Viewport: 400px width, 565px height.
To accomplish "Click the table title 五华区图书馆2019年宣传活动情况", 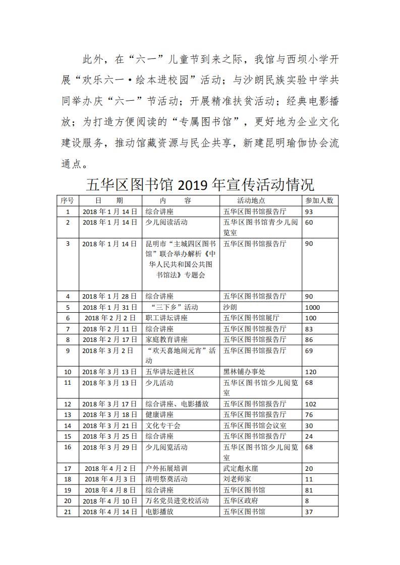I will pyautogui.click(x=200, y=184).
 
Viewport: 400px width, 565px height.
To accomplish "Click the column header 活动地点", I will pyautogui.click(x=244, y=200).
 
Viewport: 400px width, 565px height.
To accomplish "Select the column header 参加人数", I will pyautogui.click(x=319, y=200).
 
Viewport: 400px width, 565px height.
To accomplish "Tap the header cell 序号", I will pyautogui.click(x=67, y=200).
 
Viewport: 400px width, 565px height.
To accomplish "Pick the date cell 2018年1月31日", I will pyautogui.click(x=109, y=307).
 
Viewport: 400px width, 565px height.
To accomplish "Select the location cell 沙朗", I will pyautogui.click(x=230, y=307).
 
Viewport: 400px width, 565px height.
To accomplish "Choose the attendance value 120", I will pyautogui.click(x=311, y=372).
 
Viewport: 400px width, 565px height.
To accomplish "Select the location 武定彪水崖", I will pyautogui.click(x=241, y=468).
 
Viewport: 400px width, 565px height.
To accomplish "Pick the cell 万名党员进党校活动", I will pyautogui.click(x=177, y=501).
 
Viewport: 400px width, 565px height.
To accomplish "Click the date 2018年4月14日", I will pyautogui.click(x=109, y=512).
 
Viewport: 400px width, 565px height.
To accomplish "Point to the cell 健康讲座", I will pyautogui.click(x=159, y=414).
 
